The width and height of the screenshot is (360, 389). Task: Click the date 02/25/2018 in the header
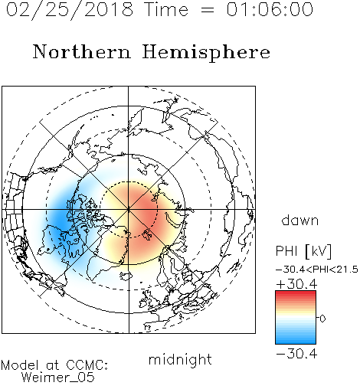[70, 10]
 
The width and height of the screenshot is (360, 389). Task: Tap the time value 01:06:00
[270, 9]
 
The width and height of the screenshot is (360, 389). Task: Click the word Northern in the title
[82, 51]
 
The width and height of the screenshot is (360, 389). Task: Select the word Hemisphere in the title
[206, 53]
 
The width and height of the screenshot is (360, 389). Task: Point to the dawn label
[300, 220]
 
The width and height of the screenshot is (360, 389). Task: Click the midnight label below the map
[180, 360]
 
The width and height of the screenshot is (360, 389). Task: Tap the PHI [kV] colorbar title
[304, 251]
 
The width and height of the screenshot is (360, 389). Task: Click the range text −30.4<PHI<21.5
[317, 270]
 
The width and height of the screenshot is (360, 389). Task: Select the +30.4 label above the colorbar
[296, 284]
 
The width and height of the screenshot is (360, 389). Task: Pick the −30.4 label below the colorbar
[296, 354]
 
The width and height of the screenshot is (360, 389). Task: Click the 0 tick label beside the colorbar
[322, 319]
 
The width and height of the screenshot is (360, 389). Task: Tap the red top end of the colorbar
[296, 293]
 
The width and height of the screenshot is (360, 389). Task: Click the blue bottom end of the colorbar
[296, 342]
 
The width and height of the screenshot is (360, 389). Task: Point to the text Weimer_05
[57, 378]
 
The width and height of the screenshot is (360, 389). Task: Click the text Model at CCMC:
[54, 365]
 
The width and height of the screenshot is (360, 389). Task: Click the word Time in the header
[166, 9]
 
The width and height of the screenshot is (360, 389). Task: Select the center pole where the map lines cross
[129, 209]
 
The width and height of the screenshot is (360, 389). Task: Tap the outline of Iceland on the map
[126, 275]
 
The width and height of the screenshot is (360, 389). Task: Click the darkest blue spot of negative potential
[59, 219]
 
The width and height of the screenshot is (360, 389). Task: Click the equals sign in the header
[208, 11]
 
